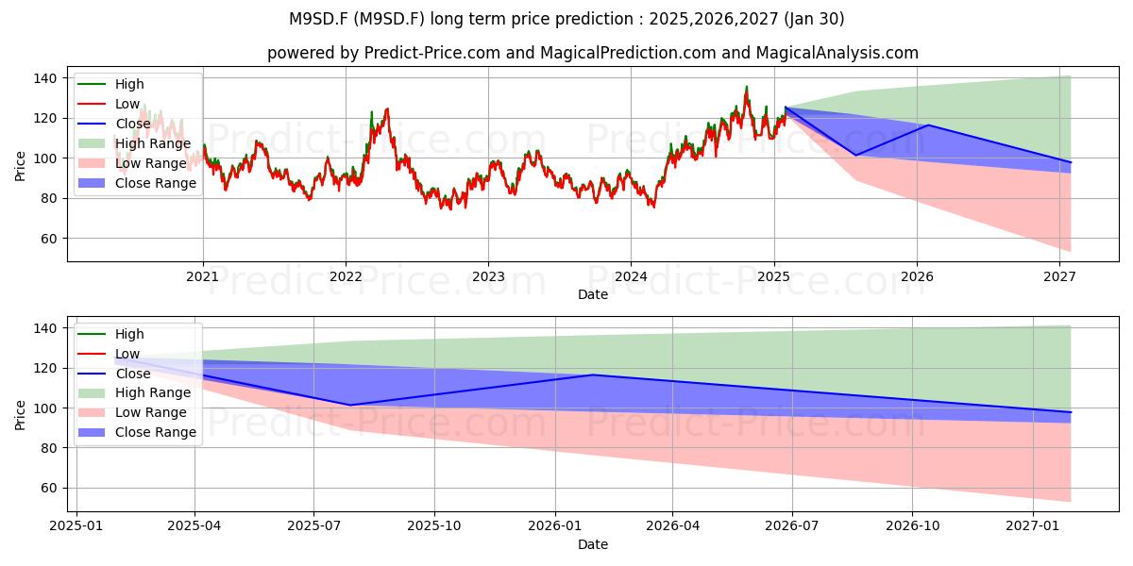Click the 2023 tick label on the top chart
point(488,277)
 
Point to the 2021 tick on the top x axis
point(203,277)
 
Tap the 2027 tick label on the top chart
point(1059,277)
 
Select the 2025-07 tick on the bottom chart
point(313,526)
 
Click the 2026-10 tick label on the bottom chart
point(912,526)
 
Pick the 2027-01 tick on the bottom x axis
point(1033,526)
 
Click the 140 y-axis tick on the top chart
point(45,78)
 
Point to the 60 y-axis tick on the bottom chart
point(49,489)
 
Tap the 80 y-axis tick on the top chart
point(49,199)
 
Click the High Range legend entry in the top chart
point(135,143)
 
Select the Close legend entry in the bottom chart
point(114,374)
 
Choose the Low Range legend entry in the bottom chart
point(132,412)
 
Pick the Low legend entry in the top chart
point(109,104)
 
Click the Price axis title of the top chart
point(20,166)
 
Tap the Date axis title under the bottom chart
point(593,544)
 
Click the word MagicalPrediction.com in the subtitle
point(628,53)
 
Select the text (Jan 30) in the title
point(814,19)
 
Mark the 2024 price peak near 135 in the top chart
point(747,87)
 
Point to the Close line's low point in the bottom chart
point(350,405)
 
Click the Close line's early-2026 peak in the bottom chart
point(593,375)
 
